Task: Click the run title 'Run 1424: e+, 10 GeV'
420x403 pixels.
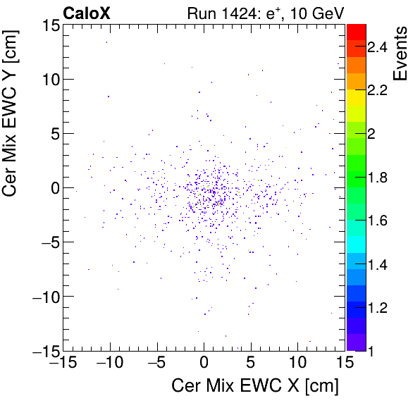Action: tap(265, 12)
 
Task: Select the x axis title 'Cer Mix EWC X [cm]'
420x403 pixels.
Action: tap(256, 386)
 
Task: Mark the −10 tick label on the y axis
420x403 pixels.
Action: tap(44, 296)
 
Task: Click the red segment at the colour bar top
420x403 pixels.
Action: tap(356, 30)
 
